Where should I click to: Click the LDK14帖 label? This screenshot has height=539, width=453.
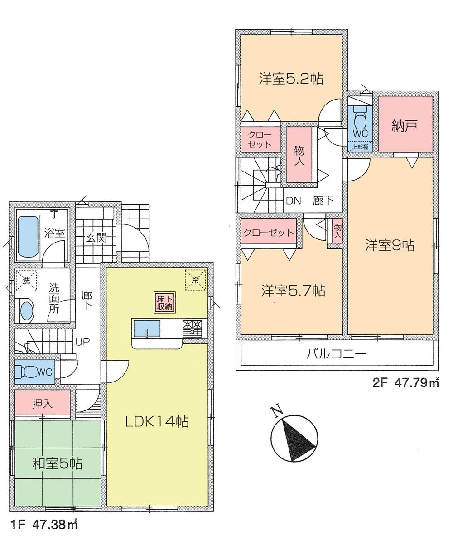tap(157, 422)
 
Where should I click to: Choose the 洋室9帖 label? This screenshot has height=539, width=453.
tap(390, 245)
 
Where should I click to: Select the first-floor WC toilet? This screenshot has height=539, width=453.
tap(30, 372)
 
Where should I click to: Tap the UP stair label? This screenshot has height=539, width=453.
tap(82, 342)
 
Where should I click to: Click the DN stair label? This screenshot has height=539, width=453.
tap(294, 201)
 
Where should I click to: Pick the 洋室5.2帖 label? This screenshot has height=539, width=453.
tap(291, 79)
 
